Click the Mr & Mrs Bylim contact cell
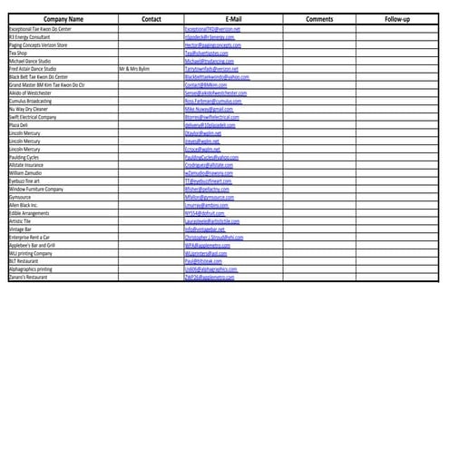(136, 68)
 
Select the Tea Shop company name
(18, 53)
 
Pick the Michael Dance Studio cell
(29, 61)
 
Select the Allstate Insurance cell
(29, 164)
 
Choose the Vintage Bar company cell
(22, 229)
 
